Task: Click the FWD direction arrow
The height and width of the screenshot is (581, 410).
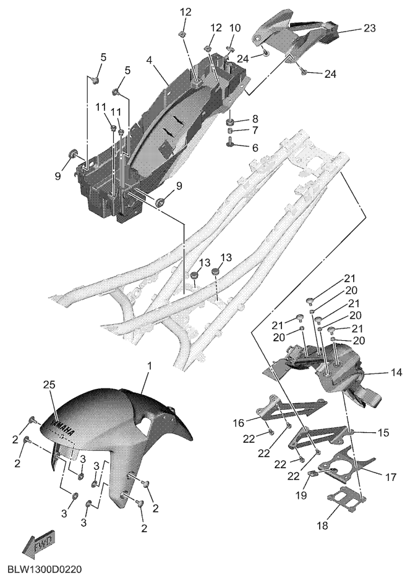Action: (39, 541)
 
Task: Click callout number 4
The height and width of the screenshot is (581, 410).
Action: (149, 60)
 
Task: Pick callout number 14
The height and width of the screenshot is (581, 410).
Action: (396, 372)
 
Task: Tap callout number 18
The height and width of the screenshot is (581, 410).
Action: (323, 525)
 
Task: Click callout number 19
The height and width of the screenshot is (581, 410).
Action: (301, 495)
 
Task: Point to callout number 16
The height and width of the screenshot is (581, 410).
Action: (239, 422)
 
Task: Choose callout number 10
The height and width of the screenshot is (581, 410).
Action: (235, 28)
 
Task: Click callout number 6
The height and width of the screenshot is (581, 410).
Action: (255, 148)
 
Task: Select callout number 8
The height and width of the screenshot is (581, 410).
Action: (255, 119)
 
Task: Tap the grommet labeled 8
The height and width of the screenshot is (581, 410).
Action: (230, 122)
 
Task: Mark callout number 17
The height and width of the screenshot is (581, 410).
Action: (390, 477)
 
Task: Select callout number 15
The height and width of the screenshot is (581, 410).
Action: (383, 432)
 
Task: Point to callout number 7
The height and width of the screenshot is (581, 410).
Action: (255, 131)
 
